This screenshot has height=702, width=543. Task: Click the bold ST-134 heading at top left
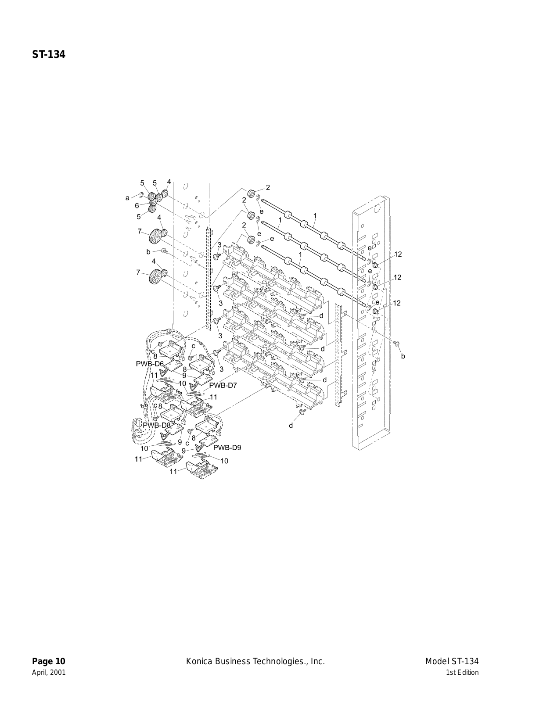[48, 54]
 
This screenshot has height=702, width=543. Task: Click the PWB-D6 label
[150, 364]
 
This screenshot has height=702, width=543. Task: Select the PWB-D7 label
[223, 385]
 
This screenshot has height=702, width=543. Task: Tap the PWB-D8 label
[156, 425]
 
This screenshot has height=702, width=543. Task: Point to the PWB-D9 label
[227, 448]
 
